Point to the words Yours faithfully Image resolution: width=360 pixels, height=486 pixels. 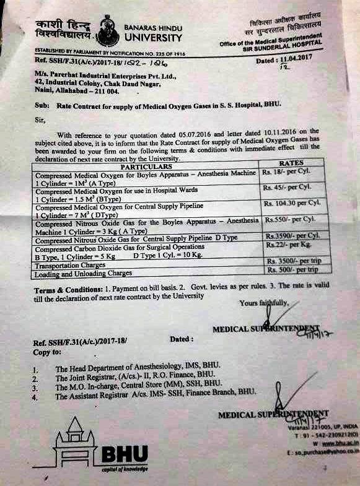click(263, 304)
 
